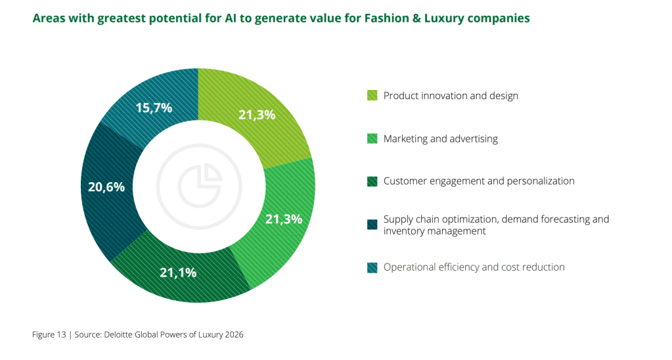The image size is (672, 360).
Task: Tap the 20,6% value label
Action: coord(106,187)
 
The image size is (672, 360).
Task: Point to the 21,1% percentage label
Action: coord(178,271)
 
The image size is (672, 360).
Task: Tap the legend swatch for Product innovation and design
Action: coord(372,96)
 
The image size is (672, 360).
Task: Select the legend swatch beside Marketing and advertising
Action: coord(372,139)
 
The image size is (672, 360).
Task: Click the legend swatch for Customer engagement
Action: coord(372,181)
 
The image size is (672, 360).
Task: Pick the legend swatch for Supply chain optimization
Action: coord(372,225)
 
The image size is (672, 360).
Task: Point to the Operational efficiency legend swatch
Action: coord(372,267)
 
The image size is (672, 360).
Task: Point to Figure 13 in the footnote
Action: coord(49,334)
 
